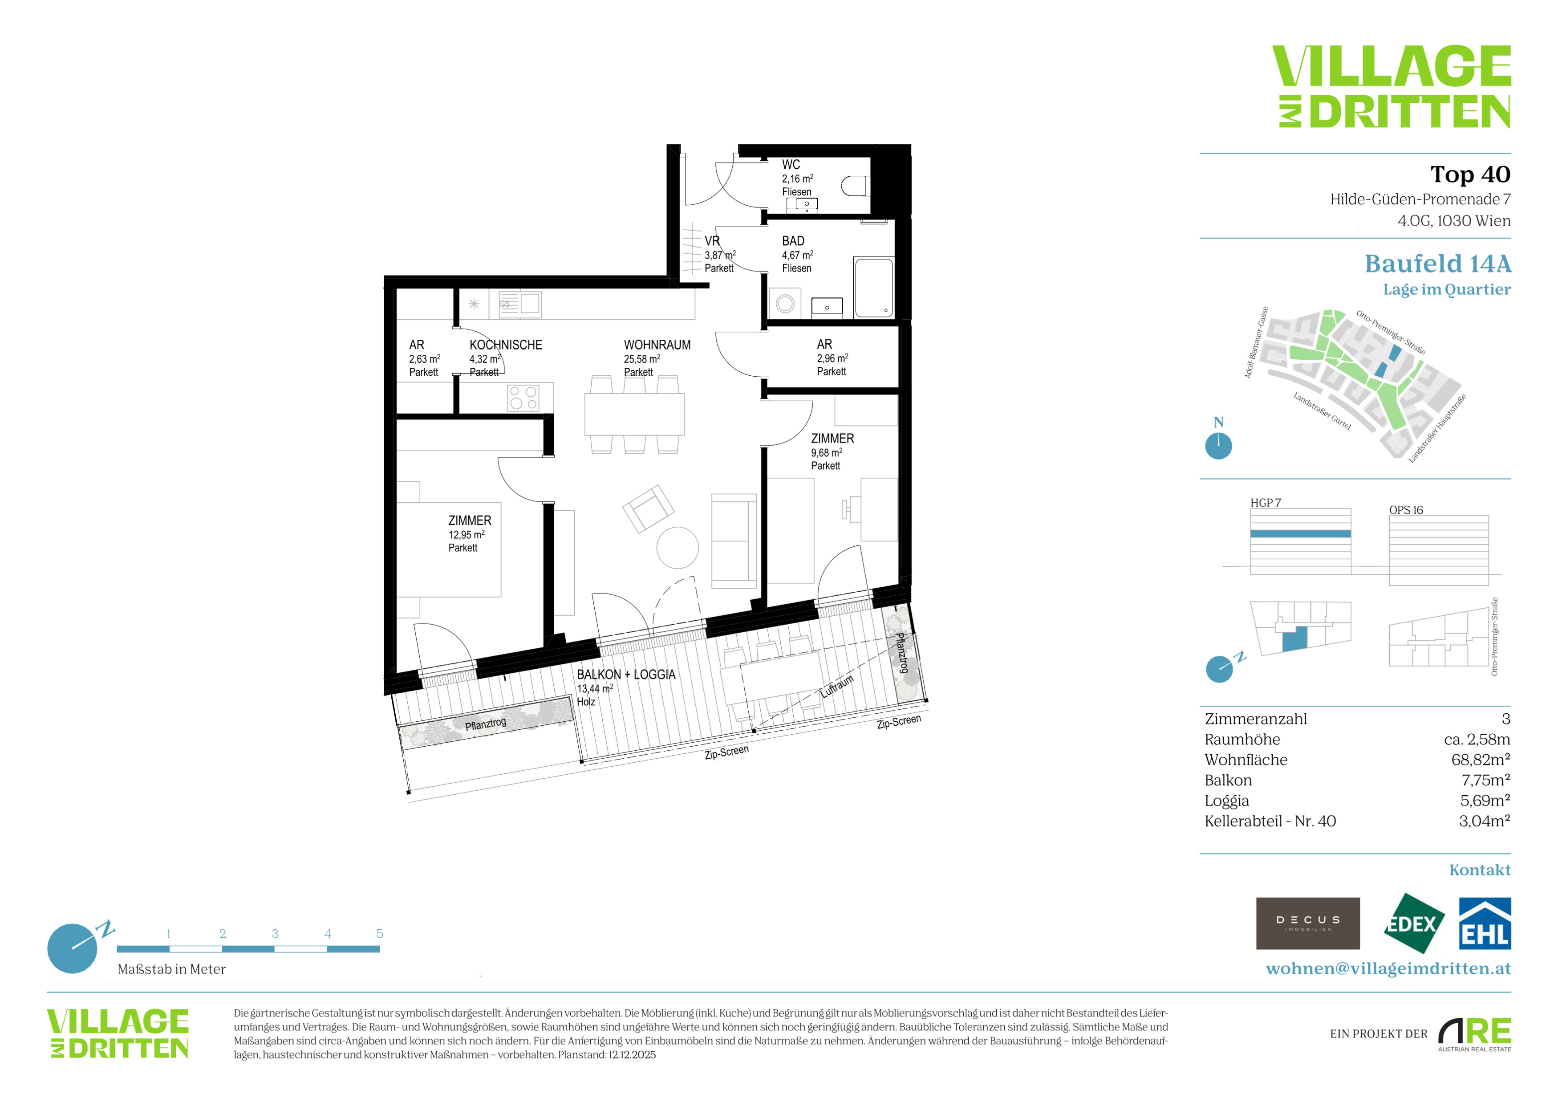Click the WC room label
(791, 165)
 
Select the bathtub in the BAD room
(874, 287)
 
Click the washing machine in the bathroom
(785, 303)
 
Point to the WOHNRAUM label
(657, 345)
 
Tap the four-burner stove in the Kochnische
(523, 398)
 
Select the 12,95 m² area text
(466, 535)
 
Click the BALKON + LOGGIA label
(625, 675)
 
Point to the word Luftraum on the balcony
(837, 687)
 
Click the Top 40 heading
(1470, 175)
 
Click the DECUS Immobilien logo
(1308, 923)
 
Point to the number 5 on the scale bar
(379, 934)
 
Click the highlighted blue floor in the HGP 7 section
(1300, 534)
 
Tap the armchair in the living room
(648, 508)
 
